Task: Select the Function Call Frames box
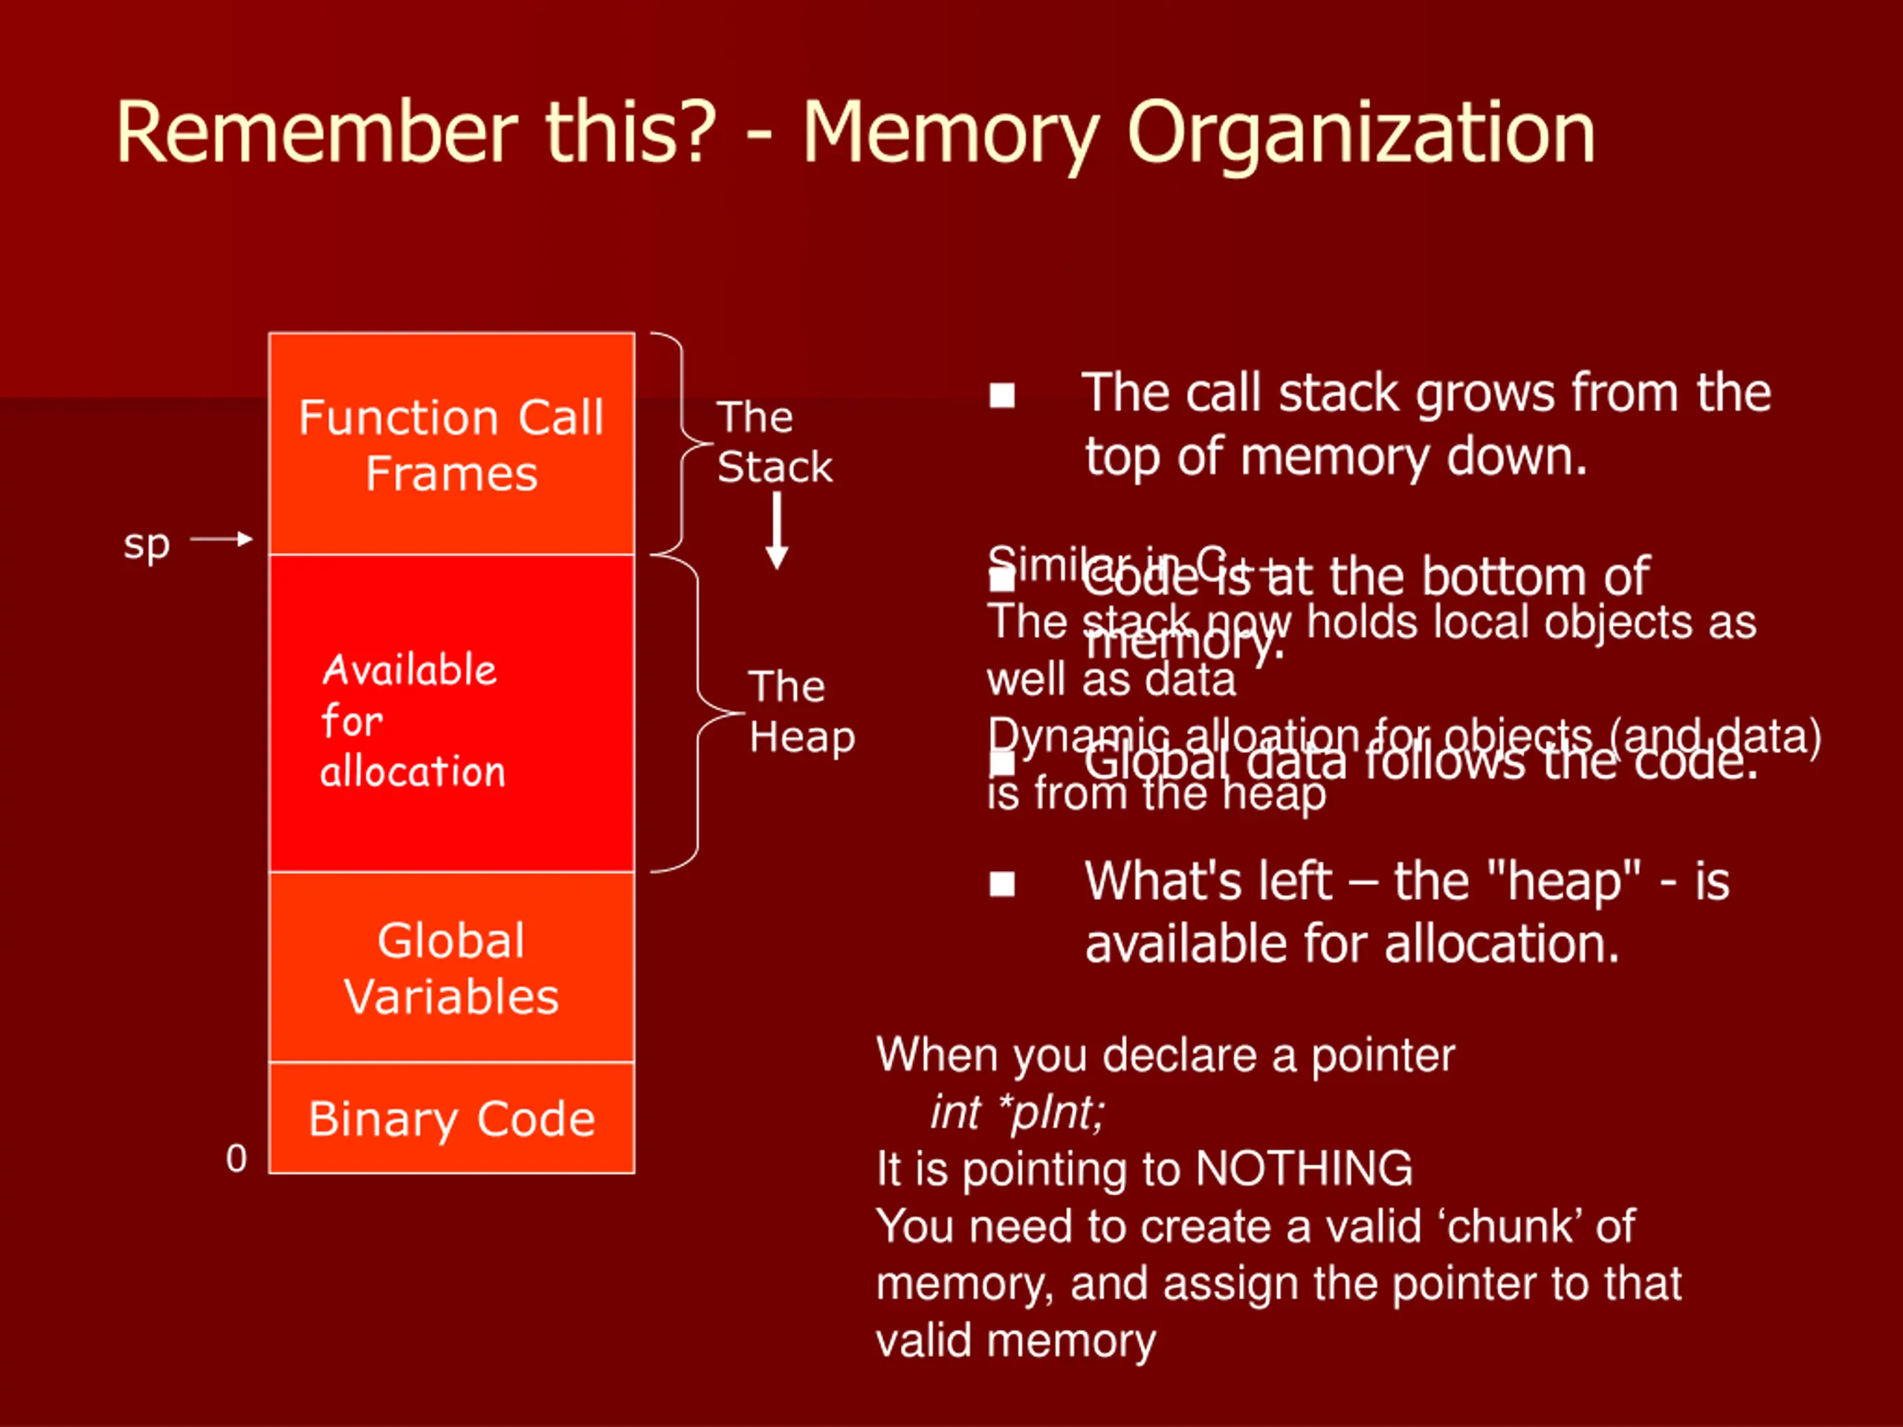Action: tap(452, 444)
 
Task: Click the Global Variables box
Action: tap(452, 968)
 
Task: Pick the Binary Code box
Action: tap(452, 1119)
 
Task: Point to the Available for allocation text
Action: tap(413, 720)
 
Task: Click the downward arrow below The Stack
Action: tap(777, 531)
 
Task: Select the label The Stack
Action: tap(775, 442)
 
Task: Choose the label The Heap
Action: tap(801, 712)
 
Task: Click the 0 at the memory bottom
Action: tap(236, 1159)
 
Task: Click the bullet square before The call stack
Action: tap(1002, 395)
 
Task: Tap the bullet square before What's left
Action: tap(1002, 884)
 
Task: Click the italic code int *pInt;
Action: tap(1017, 1113)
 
